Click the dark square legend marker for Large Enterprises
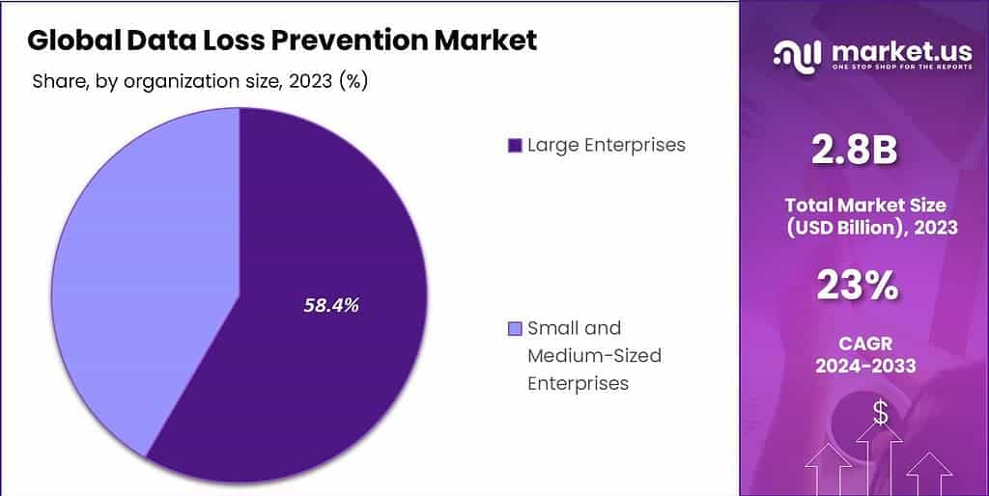pyautogui.click(x=514, y=146)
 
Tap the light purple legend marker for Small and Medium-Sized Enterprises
pyautogui.click(x=514, y=329)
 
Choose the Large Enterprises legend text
pyautogui.click(x=606, y=145)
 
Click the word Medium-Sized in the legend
pyautogui.click(x=594, y=355)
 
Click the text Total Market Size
pyautogui.click(x=865, y=205)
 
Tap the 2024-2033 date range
pyautogui.click(x=865, y=367)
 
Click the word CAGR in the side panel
pyautogui.click(x=866, y=343)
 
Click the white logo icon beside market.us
pyautogui.click(x=797, y=54)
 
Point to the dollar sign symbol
pyautogui.click(x=880, y=413)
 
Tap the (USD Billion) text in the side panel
pyautogui.click(x=850, y=228)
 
